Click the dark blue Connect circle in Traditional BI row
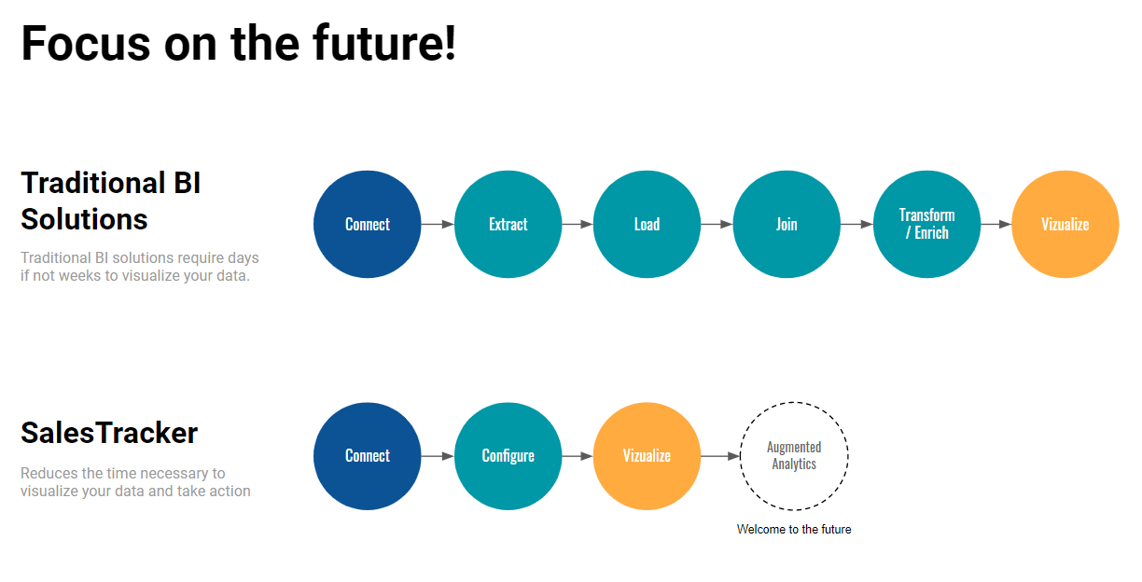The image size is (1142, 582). pos(367,224)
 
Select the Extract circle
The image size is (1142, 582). pos(508,224)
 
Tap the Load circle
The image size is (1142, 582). pos(647,224)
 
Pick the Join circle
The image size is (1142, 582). pos(787,224)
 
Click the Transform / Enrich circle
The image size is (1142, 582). pos(926,224)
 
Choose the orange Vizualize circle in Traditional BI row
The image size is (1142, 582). pos(1065,224)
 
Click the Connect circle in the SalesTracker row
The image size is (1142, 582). pos(367,456)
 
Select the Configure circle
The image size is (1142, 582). pos(508,456)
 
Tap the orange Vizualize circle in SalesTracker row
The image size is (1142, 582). pos(647,456)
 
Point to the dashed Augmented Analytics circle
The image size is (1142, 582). pos(794,403)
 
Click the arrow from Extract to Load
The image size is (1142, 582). pos(578,224)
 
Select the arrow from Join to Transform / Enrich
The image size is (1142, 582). pos(857,224)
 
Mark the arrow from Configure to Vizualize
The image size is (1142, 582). pos(578,456)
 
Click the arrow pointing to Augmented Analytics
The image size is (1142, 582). pos(720,456)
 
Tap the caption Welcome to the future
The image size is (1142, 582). pos(794,530)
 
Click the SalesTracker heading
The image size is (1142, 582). pos(109,433)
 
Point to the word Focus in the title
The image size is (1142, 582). pos(86,44)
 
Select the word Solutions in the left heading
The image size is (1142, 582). pos(84,219)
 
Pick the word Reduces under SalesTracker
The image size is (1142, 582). pos(49,474)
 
